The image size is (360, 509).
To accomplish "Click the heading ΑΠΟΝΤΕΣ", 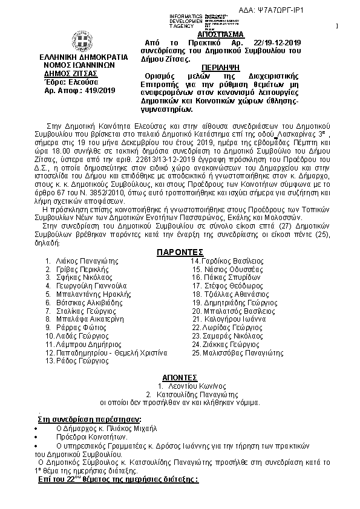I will pos(180,375).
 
